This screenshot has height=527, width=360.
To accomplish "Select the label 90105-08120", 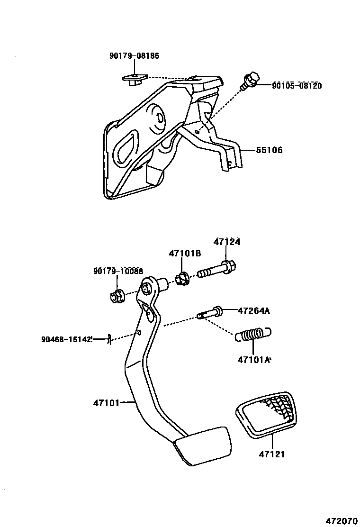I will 297,86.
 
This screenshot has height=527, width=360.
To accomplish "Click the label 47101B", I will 185,254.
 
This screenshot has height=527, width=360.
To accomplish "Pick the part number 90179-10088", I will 118,271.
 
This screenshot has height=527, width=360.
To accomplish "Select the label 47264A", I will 253,311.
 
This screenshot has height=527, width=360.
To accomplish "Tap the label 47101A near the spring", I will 254,360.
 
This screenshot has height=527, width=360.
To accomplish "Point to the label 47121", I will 272,454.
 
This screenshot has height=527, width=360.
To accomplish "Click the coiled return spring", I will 253,335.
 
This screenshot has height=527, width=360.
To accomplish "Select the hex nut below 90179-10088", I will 117,296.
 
